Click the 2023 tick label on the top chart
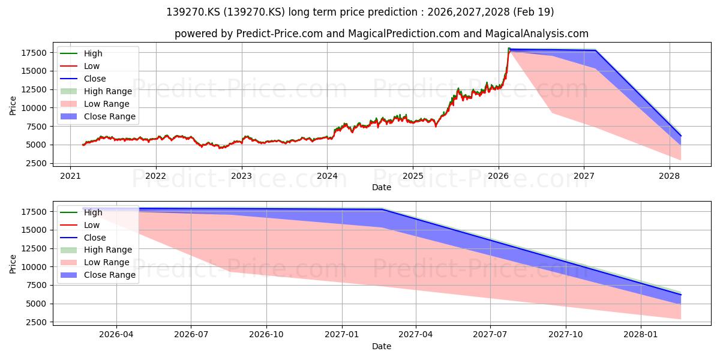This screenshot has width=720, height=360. pos(241,176)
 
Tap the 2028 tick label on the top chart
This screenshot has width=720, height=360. pos(670,176)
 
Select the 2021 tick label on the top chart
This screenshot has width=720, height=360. pos(70,176)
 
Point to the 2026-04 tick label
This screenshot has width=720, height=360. pos(116,335)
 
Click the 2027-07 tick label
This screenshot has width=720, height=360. pos(491,335)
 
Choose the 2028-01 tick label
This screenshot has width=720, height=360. pos(641,335)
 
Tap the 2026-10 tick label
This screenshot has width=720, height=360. pos(266,335)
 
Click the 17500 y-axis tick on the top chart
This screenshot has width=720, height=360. pos(34,53)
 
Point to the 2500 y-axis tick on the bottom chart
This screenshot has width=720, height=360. pos(37,322)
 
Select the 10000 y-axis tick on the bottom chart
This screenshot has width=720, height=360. pos(34,267)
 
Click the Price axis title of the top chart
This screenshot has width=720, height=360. pos(13,106)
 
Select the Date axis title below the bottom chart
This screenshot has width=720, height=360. pos(382,346)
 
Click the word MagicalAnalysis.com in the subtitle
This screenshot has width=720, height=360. pos(537,34)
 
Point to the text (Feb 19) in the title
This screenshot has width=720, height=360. pos(533,12)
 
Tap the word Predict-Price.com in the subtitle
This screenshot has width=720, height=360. pos(280,34)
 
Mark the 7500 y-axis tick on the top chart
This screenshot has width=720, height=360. pos(37,127)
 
